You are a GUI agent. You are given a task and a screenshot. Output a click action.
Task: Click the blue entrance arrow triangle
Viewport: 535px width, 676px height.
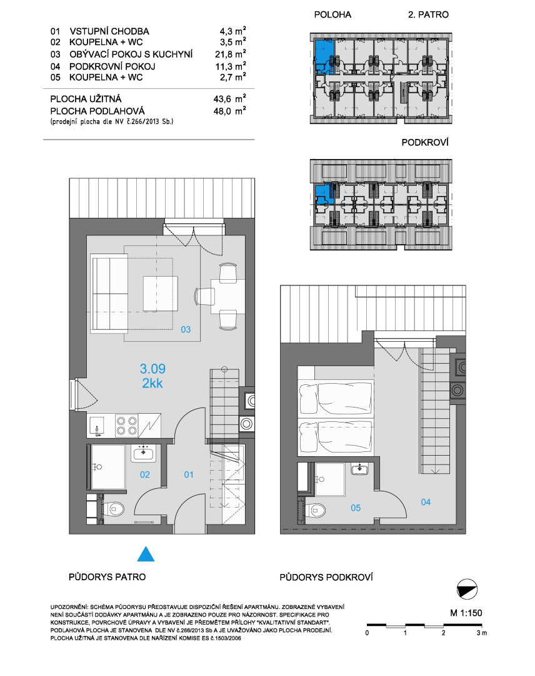tap(146, 555)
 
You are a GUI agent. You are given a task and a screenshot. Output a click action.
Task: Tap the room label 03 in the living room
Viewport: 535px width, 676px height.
tap(186, 329)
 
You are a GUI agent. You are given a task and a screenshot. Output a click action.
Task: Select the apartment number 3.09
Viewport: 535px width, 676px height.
tap(152, 369)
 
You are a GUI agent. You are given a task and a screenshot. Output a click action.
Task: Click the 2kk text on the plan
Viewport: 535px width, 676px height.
tap(152, 383)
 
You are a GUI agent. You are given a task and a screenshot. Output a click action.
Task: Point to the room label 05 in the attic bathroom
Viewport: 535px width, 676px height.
tap(356, 508)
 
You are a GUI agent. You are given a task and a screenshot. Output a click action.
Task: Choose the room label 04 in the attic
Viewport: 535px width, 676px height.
tap(426, 502)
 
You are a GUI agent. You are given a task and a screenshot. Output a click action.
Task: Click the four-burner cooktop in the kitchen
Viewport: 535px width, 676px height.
tap(126, 425)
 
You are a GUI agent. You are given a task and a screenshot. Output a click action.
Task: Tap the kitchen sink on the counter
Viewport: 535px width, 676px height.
tap(97, 425)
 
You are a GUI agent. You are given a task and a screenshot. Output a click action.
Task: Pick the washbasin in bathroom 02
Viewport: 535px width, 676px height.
tap(144, 453)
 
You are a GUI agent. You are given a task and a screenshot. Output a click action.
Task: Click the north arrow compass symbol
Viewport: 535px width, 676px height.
tap(467, 590)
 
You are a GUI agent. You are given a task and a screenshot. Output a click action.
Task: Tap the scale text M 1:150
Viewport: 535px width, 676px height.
tap(466, 613)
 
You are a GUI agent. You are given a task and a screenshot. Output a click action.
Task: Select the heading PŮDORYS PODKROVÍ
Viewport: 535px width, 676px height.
tap(326, 577)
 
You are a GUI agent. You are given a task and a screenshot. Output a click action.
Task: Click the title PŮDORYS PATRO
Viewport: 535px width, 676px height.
tap(107, 577)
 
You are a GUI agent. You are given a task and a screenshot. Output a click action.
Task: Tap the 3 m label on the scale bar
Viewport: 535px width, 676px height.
tap(482, 633)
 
